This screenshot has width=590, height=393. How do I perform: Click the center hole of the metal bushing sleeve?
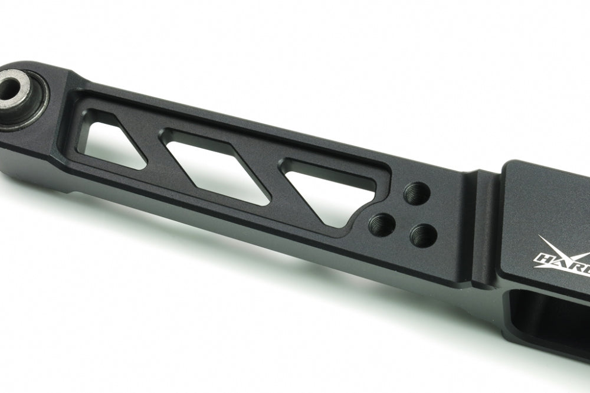pos(12,89)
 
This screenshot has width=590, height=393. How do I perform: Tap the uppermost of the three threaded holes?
pos(417,192)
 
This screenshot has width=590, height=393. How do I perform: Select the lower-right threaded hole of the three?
pos(423,235)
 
